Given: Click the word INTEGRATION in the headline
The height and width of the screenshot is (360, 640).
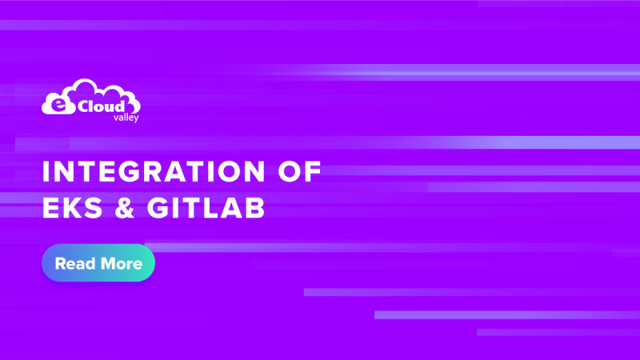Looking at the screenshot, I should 144,172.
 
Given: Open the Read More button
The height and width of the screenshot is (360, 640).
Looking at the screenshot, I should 98,263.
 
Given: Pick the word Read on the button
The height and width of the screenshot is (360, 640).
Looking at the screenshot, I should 73,263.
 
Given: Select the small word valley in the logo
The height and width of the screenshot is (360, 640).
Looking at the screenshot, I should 115,117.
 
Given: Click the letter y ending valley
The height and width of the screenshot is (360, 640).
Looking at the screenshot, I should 125,118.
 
